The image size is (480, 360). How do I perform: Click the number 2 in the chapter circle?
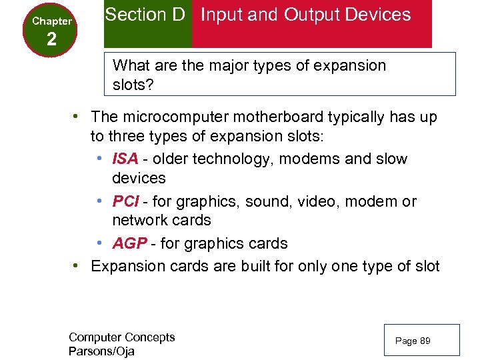51,39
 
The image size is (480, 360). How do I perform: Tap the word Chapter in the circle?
51,21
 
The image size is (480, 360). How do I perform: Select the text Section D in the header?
145,15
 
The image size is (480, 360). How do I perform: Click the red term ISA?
125,159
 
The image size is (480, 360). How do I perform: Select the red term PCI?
125,201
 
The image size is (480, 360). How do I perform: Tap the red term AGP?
129,244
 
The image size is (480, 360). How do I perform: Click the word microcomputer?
173,117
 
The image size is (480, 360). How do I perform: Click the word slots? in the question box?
133,86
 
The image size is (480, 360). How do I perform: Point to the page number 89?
425,341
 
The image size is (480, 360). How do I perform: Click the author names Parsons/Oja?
101,351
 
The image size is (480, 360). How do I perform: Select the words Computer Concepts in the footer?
121,337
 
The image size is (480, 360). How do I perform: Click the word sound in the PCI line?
278,201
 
